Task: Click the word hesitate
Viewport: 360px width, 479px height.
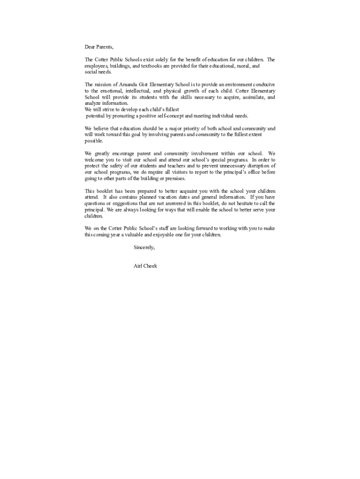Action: [x=238, y=204]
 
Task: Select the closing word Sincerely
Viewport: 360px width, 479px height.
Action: [x=144, y=247]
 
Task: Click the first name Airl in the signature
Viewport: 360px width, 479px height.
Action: [x=139, y=266]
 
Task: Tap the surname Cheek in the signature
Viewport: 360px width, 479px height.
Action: [x=151, y=266]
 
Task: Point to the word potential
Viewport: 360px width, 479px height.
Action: [x=95, y=116]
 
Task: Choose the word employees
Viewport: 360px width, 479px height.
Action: [x=96, y=66]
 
